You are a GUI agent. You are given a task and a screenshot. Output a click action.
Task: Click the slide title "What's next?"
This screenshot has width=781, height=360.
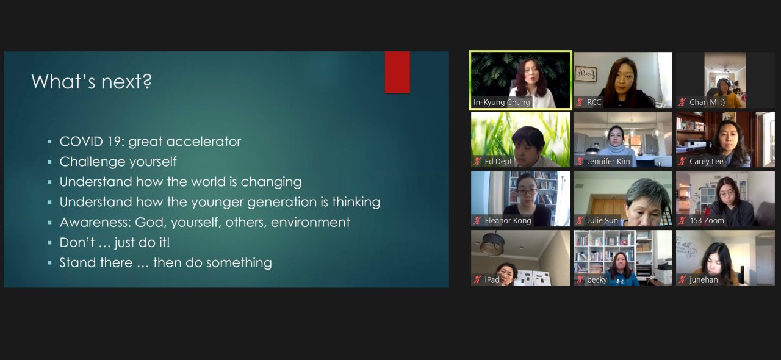tap(92, 82)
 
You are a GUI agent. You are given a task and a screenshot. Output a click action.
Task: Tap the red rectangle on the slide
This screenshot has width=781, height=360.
tap(397, 72)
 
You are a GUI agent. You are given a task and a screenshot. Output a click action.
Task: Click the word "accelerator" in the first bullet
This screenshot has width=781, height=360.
tap(204, 142)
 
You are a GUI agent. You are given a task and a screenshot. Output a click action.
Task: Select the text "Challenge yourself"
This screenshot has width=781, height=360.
tap(118, 162)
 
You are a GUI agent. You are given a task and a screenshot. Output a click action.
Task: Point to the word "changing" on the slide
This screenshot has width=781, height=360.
tap(271, 182)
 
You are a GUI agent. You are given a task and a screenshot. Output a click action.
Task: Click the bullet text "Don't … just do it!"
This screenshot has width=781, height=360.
tap(115, 242)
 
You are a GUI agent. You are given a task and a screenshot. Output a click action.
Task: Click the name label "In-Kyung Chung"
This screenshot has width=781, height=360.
tap(502, 103)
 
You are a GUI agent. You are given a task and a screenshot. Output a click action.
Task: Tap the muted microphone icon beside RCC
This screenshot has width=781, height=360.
tap(580, 103)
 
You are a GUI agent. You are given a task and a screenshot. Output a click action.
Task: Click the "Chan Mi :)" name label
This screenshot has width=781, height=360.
tap(707, 103)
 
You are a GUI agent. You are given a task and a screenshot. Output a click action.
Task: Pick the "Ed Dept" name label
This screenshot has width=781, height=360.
tap(498, 161)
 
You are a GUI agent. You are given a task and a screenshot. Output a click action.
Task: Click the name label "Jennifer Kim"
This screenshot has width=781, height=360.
tap(608, 161)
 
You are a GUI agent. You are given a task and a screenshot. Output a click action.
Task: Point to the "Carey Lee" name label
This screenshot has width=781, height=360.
tap(707, 161)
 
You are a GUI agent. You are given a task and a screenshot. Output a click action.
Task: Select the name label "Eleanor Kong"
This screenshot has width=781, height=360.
tap(508, 220)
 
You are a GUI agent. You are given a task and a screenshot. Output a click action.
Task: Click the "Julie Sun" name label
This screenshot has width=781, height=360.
tap(602, 220)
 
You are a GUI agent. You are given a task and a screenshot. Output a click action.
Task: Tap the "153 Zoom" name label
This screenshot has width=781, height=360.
tap(707, 220)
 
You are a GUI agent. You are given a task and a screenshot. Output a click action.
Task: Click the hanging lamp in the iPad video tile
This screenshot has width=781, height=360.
tap(492, 244)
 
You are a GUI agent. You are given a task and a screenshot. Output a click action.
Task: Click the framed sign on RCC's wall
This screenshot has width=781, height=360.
tap(586, 74)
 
